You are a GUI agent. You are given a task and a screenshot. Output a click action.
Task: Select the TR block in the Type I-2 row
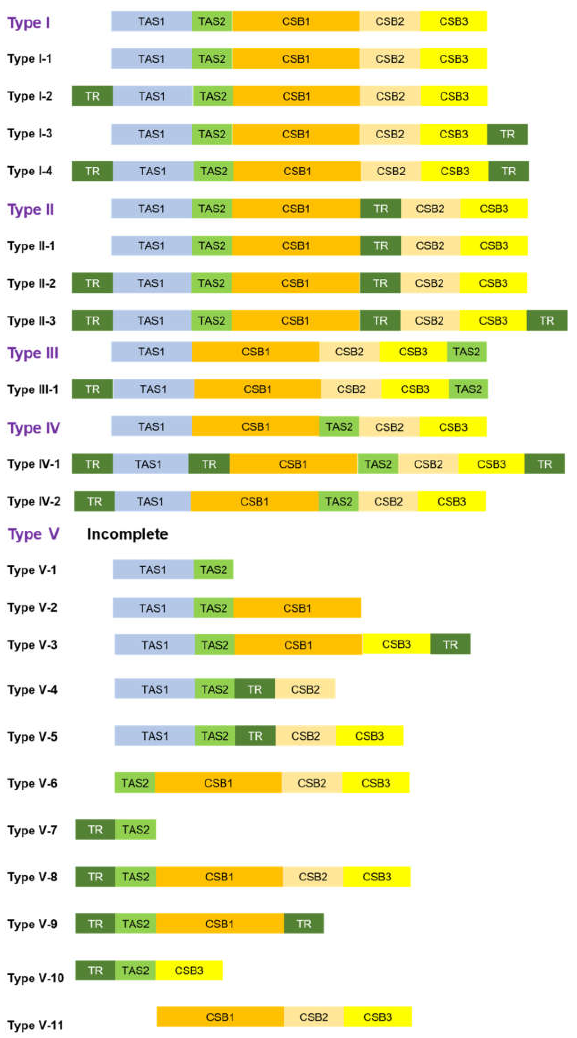pos(92,96)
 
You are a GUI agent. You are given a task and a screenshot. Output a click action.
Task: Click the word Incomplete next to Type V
pos(127,534)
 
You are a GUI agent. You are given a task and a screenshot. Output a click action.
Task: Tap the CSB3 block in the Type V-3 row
pos(396,644)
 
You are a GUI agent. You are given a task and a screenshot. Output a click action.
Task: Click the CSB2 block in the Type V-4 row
pos(305,690)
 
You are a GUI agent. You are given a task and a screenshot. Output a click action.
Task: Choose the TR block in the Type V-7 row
pos(95,830)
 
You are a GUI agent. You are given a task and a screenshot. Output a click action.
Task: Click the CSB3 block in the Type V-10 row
pos(189,970)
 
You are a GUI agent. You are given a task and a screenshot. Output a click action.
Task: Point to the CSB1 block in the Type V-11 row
pos(220,1017)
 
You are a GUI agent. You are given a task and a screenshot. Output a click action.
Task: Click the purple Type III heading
pos(33,353)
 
